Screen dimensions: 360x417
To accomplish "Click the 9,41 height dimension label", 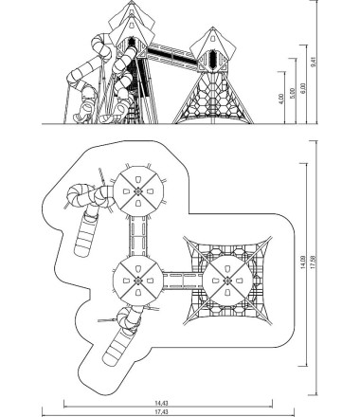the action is [314, 62].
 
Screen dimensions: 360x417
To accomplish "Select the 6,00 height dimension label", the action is [303, 88].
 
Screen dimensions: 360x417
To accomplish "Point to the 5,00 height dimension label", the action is [293, 94].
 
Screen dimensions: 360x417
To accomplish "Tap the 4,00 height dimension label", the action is [281, 99].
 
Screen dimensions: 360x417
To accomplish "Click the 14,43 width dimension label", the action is [161, 403].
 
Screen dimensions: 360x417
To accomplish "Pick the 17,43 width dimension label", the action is [161, 412].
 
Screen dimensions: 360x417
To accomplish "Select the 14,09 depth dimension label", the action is [303, 263].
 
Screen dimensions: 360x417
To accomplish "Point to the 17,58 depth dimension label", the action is [313, 263].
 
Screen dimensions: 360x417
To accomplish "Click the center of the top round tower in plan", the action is [138, 191].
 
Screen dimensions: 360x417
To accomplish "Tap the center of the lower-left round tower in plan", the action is [138, 281].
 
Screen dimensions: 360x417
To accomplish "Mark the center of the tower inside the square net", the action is [227, 281].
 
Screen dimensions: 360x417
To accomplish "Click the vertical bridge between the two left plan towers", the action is [138, 236].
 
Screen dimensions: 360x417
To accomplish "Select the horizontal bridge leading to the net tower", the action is [183, 281].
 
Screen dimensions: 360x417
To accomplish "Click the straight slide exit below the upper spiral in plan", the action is [86, 234].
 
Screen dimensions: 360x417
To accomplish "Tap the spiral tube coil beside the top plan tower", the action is [78, 196].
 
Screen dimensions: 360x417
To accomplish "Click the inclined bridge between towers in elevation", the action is [173, 56].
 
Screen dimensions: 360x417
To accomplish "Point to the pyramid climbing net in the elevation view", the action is [212, 98].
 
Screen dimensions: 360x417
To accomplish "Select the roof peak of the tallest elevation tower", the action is [132, 1].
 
